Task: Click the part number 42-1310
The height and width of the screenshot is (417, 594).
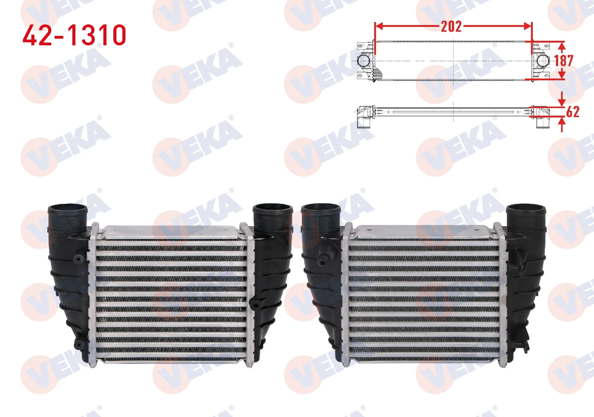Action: coord(74,35)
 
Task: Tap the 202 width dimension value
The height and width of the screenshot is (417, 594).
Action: coord(451,27)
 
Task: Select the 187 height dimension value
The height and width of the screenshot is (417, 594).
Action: coord(563,61)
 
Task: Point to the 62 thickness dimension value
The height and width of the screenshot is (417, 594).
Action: coord(573,112)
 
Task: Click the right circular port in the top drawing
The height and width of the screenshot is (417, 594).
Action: coord(542,61)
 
